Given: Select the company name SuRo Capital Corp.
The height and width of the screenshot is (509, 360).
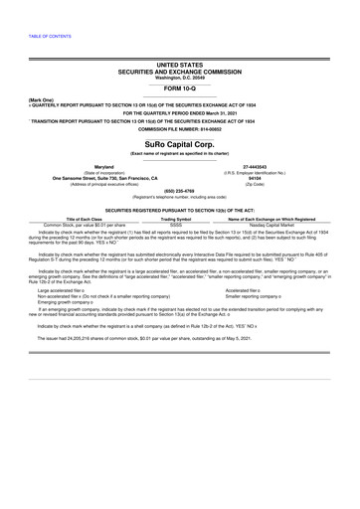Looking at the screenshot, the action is (x=180, y=143).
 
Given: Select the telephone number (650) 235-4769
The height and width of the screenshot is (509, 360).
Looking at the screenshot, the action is (x=180, y=190).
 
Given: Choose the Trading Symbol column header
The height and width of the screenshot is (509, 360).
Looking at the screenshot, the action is (x=176, y=220).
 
